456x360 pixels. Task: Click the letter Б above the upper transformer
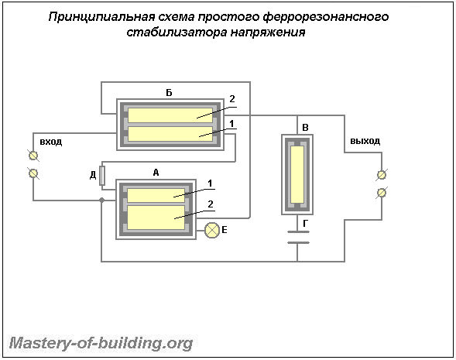(x=169, y=93)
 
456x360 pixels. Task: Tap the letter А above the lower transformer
(x=156, y=173)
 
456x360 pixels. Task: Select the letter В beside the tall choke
(x=305, y=128)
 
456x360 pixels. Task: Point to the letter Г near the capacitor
(x=305, y=224)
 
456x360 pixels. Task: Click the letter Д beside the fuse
(x=93, y=175)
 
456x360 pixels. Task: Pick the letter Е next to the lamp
(x=225, y=230)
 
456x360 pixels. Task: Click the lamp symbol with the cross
(x=212, y=231)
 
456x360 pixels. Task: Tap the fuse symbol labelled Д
(x=102, y=176)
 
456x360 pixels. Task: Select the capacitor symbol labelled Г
(x=298, y=237)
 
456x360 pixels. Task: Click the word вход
(x=51, y=142)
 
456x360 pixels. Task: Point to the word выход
(x=365, y=141)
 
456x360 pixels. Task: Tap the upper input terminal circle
(x=33, y=156)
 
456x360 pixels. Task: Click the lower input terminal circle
(x=33, y=173)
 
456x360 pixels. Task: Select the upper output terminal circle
(x=382, y=175)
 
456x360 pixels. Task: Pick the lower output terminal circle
(x=382, y=193)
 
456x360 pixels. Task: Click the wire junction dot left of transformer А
(x=101, y=200)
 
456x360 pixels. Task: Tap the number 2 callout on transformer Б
(x=231, y=99)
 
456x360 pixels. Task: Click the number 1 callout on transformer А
(x=210, y=183)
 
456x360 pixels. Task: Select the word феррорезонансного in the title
(x=326, y=17)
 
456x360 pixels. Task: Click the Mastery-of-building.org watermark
(x=101, y=344)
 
